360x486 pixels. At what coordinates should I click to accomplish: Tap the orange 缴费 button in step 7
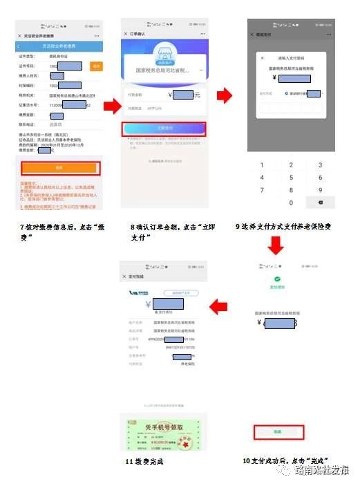[x=60, y=167]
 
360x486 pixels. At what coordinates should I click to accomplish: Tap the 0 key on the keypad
[x=291, y=203]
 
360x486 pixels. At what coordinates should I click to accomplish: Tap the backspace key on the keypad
[x=320, y=202]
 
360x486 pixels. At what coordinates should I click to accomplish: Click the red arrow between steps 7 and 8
[x=111, y=106]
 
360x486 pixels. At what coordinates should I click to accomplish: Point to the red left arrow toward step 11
[x=219, y=304]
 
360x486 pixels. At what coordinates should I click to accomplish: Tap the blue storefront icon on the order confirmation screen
[x=164, y=56]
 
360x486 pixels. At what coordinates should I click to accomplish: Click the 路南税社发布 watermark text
[x=321, y=471]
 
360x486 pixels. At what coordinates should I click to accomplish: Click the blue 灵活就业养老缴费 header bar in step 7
[x=60, y=46]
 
